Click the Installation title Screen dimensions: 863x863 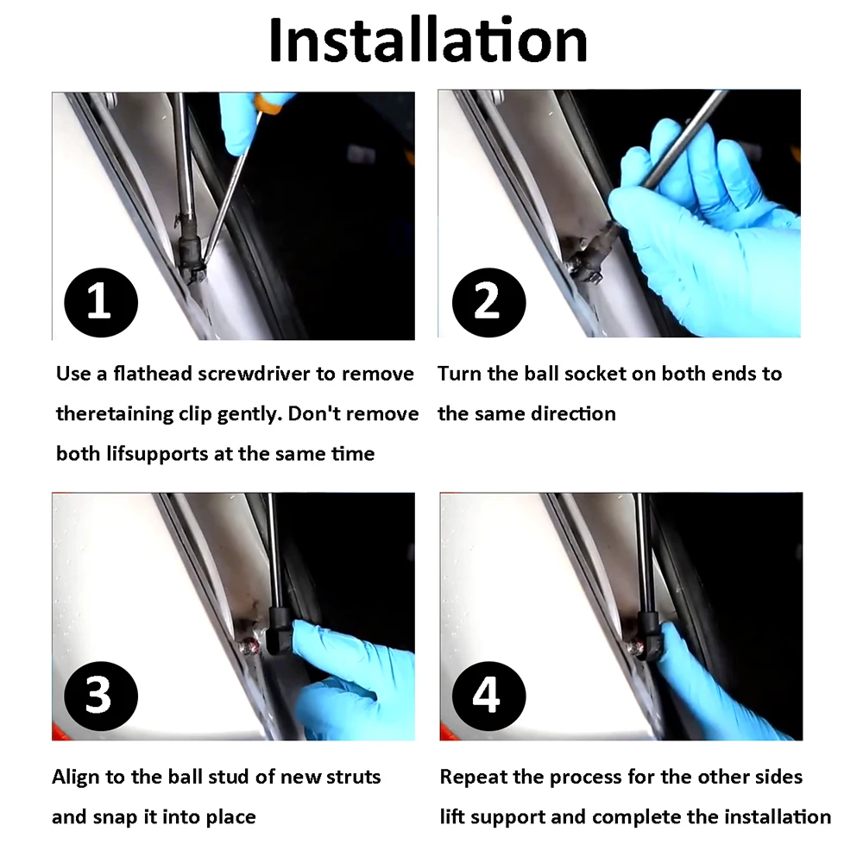(x=428, y=41)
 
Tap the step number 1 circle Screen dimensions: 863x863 (x=101, y=302)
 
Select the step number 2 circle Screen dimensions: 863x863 (x=488, y=302)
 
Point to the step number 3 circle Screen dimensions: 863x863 (x=101, y=696)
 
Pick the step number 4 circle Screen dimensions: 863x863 (x=488, y=696)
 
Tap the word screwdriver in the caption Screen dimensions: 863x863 (x=254, y=374)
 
